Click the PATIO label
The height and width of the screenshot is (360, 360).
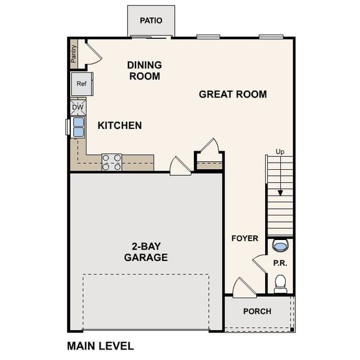tap(151, 20)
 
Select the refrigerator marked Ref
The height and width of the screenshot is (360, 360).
tap(82, 84)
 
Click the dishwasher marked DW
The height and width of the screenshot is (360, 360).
tap(78, 107)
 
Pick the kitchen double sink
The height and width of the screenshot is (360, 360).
tap(78, 127)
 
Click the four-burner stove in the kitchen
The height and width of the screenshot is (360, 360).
tap(112, 163)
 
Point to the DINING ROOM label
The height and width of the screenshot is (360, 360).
tap(144, 70)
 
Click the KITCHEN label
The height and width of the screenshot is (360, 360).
tap(120, 125)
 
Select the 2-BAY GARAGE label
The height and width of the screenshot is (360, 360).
tap(146, 251)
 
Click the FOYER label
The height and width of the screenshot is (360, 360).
tap(245, 238)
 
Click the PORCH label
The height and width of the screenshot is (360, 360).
tap(257, 311)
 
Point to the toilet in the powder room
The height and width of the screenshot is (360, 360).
tap(280, 283)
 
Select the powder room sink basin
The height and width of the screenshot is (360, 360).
tap(280, 245)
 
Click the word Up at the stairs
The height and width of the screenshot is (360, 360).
tap(280, 152)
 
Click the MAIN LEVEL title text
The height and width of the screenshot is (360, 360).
tap(100, 346)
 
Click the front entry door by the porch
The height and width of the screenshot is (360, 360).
tap(244, 289)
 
